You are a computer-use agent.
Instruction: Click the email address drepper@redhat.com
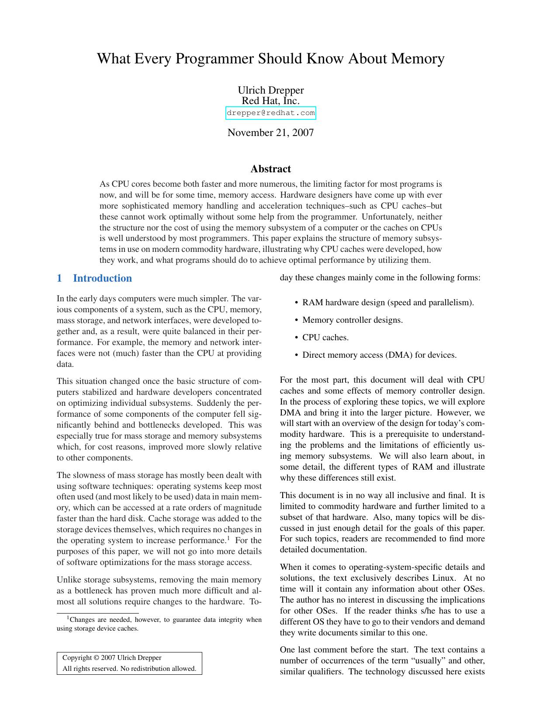pyautogui.click(x=270, y=113)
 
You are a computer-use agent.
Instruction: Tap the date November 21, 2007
pyautogui.click(x=270, y=133)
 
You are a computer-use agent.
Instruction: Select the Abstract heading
pyautogui.click(x=270, y=169)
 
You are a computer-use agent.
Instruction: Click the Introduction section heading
pyautogui.click(x=102, y=278)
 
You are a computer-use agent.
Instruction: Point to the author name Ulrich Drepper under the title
pyautogui.click(x=270, y=90)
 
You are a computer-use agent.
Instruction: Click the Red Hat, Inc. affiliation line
pyautogui.click(x=270, y=101)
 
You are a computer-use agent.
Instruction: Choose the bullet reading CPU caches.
pyautogui.click(x=325, y=337)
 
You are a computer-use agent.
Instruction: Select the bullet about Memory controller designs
pyautogui.click(x=352, y=320)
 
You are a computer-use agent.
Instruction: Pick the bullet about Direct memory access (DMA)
pyautogui.click(x=379, y=355)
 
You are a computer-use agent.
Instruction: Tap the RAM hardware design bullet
pyautogui.click(x=388, y=302)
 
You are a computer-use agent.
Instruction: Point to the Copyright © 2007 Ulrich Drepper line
pyautogui.click(x=112, y=658)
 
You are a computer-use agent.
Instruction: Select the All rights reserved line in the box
pyautogui.click(x=129, y=669)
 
